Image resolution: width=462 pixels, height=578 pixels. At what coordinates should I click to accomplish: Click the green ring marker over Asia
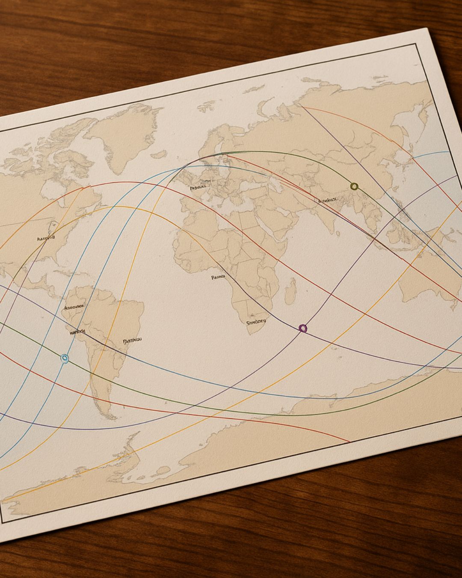point(354,186)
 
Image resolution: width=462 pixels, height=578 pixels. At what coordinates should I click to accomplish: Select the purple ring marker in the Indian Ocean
point(303,328)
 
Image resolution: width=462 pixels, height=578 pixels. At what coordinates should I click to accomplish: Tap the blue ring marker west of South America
point(65,358)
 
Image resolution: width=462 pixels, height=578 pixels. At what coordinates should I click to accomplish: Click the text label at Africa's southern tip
point(256,322)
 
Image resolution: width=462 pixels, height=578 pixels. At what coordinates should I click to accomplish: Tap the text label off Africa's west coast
point(218,277)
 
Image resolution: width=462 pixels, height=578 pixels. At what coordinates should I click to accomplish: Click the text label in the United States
point(46,238)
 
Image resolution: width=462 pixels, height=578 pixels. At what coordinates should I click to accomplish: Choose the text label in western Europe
point(198,187)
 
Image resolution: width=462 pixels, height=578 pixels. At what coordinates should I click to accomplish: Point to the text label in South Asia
point(328,200)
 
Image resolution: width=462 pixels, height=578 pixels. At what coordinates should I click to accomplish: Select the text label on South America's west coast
point(77,332)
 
